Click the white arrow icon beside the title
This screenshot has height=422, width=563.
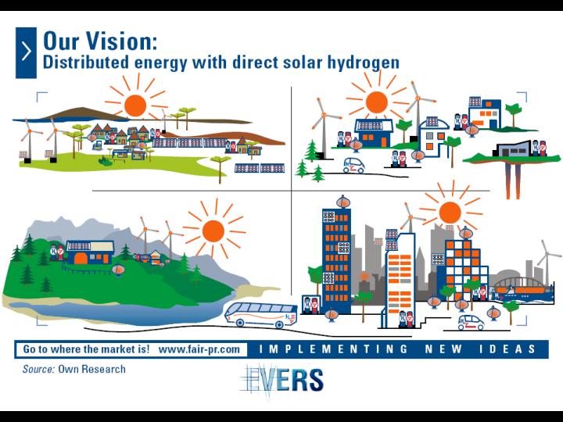tap(27, 52)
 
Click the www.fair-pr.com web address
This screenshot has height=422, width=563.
tap(199, 349)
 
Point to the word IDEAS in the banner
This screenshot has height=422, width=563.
tap(507, 349)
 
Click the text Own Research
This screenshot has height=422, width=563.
tap(92, 369)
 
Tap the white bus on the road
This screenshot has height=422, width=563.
tap(261, 315)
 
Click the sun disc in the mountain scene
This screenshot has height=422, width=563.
tap(213, 231)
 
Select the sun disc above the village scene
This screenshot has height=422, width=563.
tap(135, 105)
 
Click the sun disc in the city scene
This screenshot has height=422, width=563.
tap(450, 213)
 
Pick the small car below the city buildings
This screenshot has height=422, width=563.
tap(471, 322)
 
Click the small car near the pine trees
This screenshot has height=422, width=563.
tap(354, 166)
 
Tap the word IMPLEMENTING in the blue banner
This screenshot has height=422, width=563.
tap(334, 349)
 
